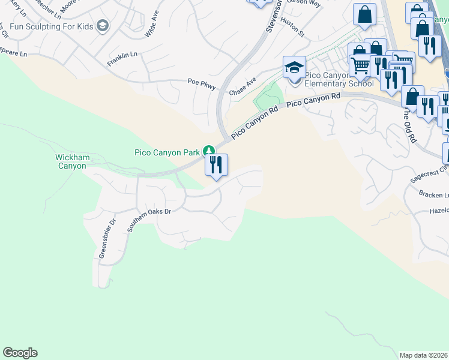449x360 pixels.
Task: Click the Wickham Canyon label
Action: (73, 161)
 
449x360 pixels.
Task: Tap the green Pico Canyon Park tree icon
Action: (209, 151)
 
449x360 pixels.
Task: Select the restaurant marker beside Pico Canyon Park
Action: (216, 164)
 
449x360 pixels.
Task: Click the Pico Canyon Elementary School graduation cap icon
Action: (294, 67)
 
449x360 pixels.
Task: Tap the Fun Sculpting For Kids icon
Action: (103, 25)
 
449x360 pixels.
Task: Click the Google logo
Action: (20, 353)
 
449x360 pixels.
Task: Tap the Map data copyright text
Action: (424, 355)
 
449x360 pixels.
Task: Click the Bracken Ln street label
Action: (434, 196)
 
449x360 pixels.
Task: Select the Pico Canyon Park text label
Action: (167, 152)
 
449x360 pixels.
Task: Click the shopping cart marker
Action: (360, 65)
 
